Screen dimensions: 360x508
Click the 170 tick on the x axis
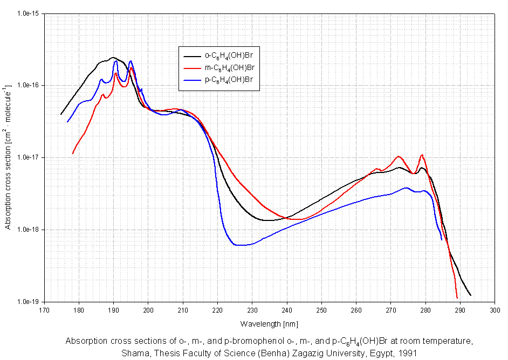[x=44, y=310]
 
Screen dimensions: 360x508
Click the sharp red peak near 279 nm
[x=422, y=155]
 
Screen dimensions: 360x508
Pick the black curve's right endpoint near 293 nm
[x=471, y=295]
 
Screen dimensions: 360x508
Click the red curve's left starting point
[x=73, y=154]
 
